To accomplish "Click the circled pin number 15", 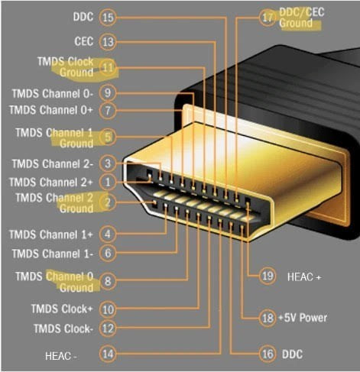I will (108, 17).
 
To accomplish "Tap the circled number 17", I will (268, 17).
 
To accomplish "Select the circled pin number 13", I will (108, 41).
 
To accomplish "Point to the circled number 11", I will (108, 67).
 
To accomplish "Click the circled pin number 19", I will (268, 276).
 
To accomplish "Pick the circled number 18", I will (268, 317).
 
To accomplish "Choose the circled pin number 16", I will (268, 354).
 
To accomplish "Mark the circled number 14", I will (108, 354).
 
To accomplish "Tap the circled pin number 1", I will (108, 183).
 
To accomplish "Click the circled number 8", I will (108, 281).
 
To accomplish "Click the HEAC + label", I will (304, 277).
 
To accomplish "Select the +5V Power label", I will (303, 317).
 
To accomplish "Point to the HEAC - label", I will (61, 355).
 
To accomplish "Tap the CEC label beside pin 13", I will (84, 41).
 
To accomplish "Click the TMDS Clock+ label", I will (63, 309).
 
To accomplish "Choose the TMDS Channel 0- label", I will (52, 93).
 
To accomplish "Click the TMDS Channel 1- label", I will (52, 253).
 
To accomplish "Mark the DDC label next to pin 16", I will (293, 354).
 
